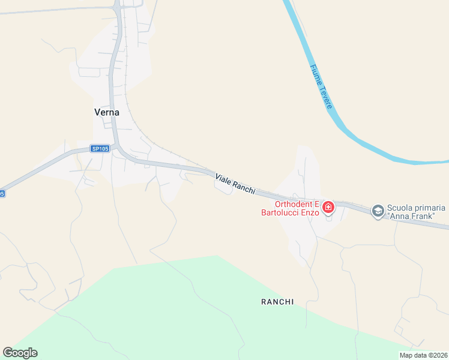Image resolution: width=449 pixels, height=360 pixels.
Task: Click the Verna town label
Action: pos(107,112)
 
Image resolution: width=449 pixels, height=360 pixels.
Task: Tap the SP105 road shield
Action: pos(99,148)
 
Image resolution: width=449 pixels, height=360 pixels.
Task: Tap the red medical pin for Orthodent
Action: pos(328,208)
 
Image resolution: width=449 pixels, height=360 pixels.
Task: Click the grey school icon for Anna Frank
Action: pos(378,211)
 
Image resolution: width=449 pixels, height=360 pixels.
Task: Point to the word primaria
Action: pos(430,208)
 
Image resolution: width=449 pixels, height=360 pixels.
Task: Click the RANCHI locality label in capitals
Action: pos(277,302)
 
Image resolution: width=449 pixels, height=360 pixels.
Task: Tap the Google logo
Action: pos(20,353)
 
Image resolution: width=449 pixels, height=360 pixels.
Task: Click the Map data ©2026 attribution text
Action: pos(423,355)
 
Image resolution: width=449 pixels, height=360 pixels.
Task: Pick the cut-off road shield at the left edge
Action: pos(2,193)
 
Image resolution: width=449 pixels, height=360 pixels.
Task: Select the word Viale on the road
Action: pos(223,176)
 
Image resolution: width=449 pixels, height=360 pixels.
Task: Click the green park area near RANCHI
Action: pos(180,312)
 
